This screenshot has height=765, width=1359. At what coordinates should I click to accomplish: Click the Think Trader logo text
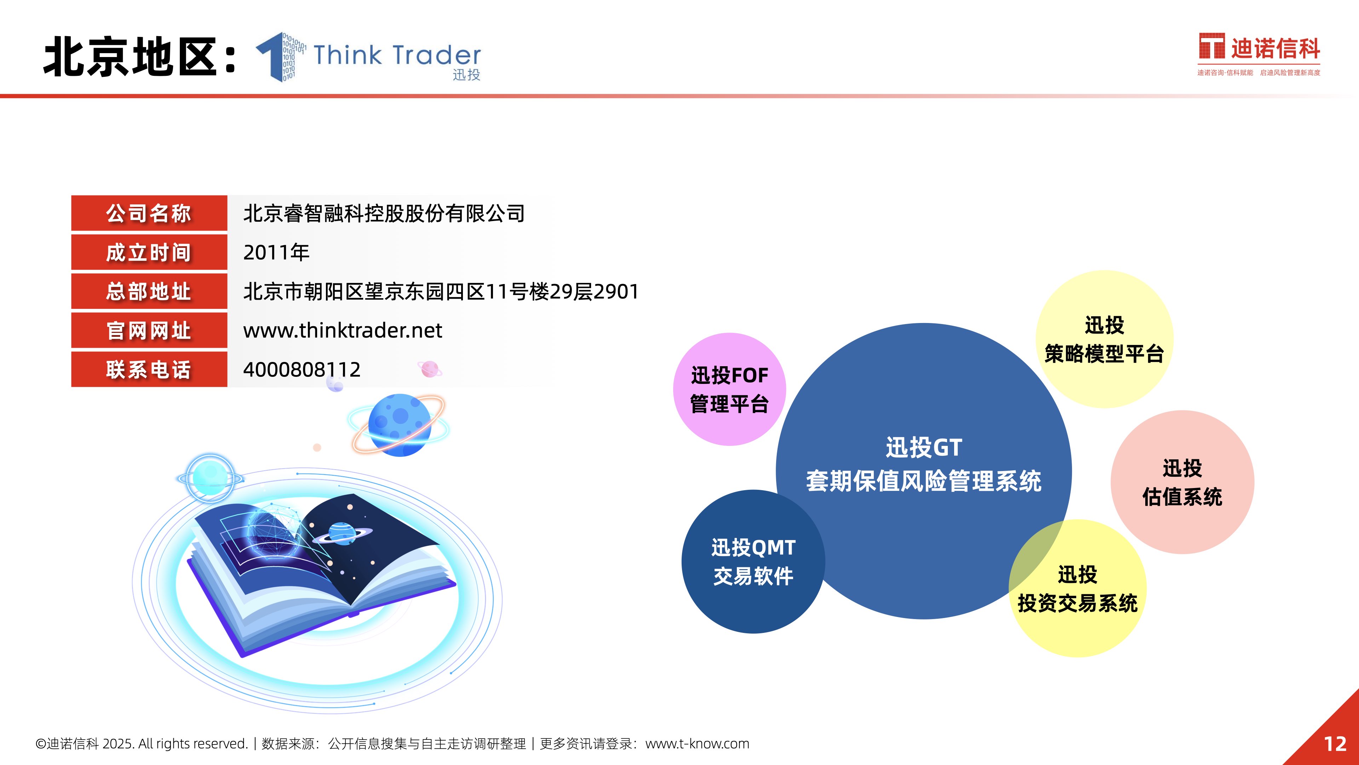tap(397, 55)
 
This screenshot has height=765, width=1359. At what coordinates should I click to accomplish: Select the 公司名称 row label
tap(149, 213)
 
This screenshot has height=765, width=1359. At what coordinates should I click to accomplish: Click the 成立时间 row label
tap(149, 253)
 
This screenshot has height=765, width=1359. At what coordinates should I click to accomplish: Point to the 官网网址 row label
tap(149, 330)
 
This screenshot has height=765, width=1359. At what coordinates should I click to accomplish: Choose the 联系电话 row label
tap(149, 369)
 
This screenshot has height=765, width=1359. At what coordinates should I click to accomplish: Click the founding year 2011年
tap(276, 253)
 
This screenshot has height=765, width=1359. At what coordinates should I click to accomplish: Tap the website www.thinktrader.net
tap(342, 330)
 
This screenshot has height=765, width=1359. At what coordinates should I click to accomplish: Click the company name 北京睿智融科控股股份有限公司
tap(384, 213)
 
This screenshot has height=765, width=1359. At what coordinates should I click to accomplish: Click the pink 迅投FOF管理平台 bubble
tap(730, 390)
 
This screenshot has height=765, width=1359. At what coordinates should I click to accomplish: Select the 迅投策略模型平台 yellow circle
tap(1105, 339)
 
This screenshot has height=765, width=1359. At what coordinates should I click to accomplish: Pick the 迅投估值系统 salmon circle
tap(1182, 482)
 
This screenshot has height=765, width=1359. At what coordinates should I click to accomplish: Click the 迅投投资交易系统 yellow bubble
tap(1078, 589)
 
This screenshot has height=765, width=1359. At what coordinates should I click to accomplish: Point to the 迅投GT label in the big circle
tap(924, 448)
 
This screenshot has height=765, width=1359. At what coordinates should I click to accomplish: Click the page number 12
tap(1335, 744)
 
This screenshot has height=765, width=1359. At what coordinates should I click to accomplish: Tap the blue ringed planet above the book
tap(399, 425)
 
